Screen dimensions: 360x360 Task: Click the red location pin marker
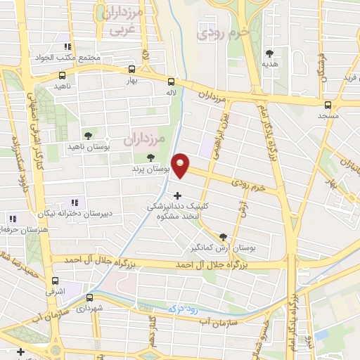[181, 165]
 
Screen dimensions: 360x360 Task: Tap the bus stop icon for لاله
[171, 81]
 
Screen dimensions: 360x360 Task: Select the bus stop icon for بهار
[131, 70]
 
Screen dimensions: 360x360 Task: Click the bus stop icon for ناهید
[63, 75]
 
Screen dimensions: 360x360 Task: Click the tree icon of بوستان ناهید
[88, 134]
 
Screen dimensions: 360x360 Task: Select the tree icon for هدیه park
[270, 53]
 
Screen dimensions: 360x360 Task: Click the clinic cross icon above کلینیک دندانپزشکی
[176, 195]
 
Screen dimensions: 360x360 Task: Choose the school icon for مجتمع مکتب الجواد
[67, 46]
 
